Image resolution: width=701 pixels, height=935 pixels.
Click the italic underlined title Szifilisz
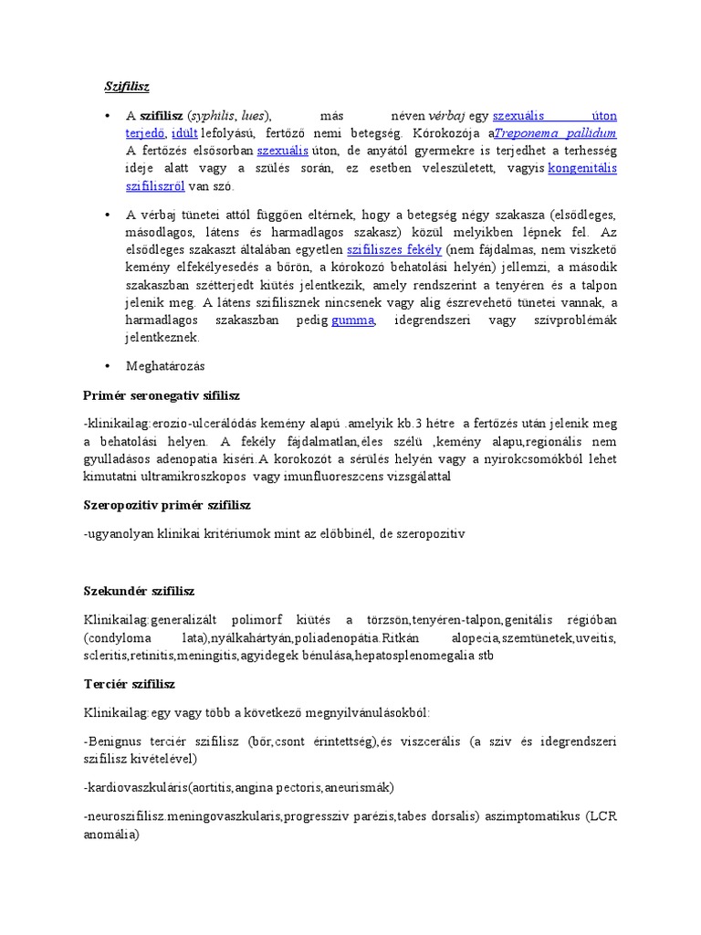tap(126, 87)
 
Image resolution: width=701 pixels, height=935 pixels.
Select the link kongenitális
tap(582, 168)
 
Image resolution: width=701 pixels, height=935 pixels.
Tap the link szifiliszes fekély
tap(394, 249)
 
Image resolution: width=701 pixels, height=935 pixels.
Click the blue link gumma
tap(352, 320)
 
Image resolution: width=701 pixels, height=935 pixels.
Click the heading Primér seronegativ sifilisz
tap(161, 395)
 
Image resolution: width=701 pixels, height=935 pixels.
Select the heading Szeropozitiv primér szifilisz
tap(166, 505)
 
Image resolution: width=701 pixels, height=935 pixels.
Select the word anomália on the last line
tap(109, 833)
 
